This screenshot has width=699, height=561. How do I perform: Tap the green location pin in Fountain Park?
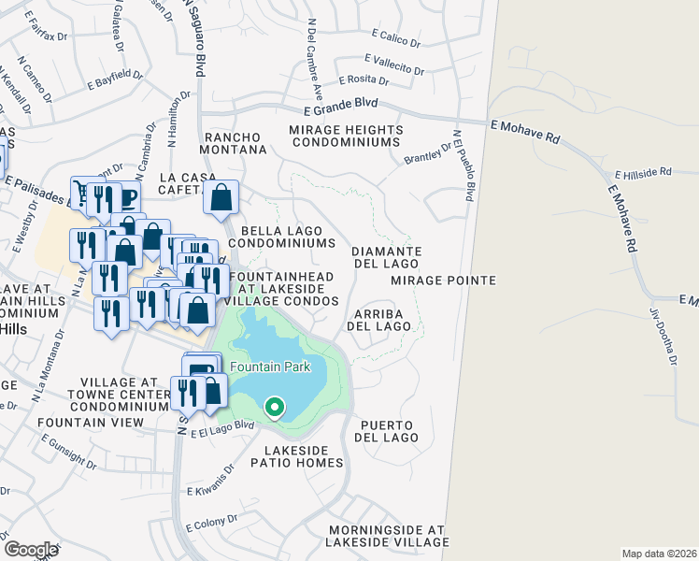(x=274, y=408)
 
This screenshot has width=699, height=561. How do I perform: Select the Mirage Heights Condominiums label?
(x=346, y=137)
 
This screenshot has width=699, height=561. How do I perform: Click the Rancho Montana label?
(x=235, y=143)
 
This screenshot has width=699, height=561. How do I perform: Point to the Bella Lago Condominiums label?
(x=288, y=237)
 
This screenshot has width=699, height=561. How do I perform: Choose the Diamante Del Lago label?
(x=387, y=257)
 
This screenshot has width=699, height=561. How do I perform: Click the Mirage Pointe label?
(x=443, y=280)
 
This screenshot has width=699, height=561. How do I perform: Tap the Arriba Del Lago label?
(x=378, y=320)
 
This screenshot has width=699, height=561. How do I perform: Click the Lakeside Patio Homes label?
(x=297, y=456)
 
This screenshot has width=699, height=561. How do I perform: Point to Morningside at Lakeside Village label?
(x=387, y=535)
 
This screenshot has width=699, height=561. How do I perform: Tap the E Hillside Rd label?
(x=643, y=173)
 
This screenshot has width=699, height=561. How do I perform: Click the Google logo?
(x=31, y=550)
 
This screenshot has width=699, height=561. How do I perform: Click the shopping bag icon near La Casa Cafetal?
(x=221, y=198)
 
